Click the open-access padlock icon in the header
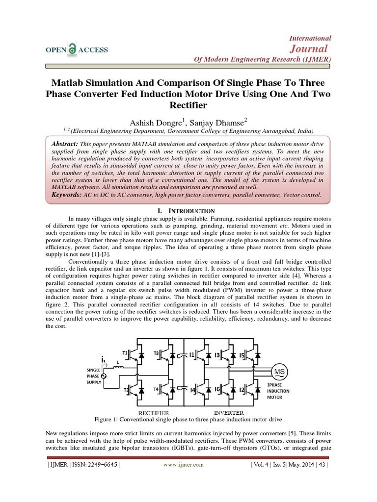click(73, 50)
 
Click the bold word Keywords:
click(68, 195)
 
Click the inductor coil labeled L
click(118, 370)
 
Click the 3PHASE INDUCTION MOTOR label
click(279, 391)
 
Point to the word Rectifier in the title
click(188, 104)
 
